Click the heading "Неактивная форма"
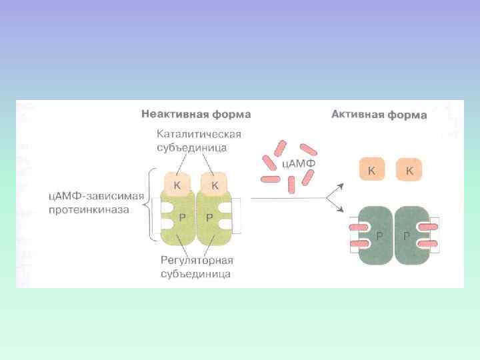[x=195, y=115]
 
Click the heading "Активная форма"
[x=379, y=115]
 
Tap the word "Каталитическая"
[x=199, y=133]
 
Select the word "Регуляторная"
[x=195, y=261]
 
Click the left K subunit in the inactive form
[x=177, y=185]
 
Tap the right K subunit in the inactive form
[x=215, y=185]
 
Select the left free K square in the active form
[x=371, y=171]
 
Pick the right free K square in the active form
[x=409, y=171]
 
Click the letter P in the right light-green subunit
[x=209, y=217]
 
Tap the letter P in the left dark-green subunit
[x=379, y=235]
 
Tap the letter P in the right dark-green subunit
[x=406, y=235]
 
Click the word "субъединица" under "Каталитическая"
[x=199, y=147]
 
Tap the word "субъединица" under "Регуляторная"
[x=195, y=274]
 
